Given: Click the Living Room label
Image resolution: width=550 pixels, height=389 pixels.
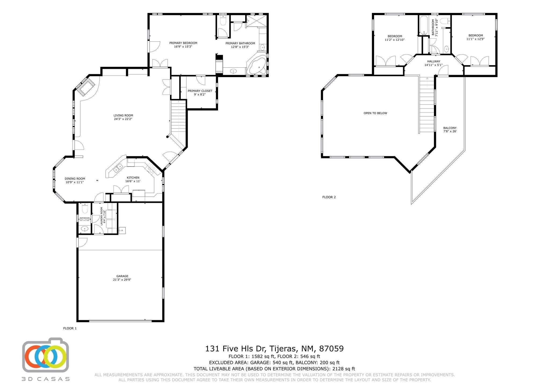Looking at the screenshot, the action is tap(123, 116).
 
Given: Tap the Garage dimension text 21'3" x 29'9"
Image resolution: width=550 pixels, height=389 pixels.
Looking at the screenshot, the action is tap(122, 280).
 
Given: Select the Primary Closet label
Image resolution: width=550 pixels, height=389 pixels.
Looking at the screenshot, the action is tap(200, 91).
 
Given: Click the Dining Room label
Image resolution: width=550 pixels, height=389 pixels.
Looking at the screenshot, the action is tap(75, 179).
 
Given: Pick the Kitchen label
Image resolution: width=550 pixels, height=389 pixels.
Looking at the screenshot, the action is tap(133, 178).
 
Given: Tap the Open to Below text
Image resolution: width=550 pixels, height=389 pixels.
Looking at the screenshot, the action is tap(375, 113).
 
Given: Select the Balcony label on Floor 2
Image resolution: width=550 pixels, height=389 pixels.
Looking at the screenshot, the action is tap(450, 128).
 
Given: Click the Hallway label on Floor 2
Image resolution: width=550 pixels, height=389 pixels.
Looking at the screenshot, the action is tap(434, 62).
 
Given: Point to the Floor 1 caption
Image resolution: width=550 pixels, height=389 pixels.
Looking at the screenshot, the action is tap(70, 328).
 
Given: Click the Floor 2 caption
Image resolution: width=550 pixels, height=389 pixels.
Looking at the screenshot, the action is tap(329, 197).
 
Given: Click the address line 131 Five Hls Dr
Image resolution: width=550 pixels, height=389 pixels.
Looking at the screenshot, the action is tap(236, 349).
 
